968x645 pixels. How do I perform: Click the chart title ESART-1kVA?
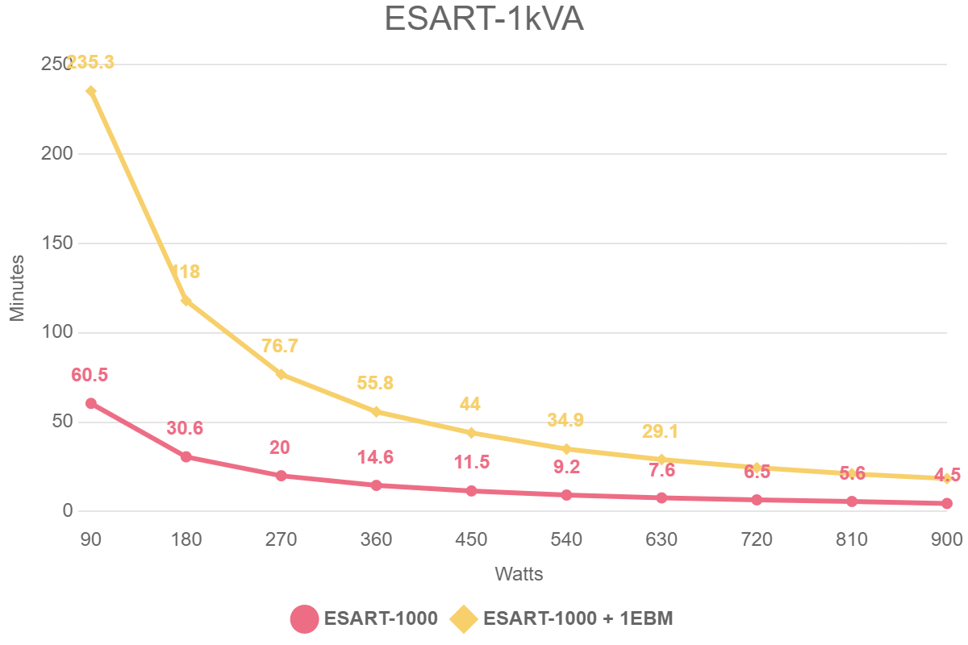coord(484,19)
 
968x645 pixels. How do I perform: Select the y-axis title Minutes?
coord(18,288)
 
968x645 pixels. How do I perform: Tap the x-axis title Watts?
coord(519,575)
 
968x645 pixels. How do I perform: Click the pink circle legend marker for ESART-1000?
coord(304,619)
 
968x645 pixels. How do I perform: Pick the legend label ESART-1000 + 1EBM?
coord(578,619)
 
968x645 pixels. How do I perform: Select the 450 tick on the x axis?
coord(471,539)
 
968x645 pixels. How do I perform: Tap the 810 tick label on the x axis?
coord(852,539)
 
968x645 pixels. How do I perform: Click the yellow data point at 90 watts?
coord(91,91)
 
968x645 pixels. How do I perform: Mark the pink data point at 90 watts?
coord(91,403)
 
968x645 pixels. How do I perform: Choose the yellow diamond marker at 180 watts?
coord(186,301)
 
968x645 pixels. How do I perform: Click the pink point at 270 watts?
coord(281,476)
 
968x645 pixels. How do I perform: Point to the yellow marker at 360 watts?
coord(376,412)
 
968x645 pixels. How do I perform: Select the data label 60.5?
coord(90,375)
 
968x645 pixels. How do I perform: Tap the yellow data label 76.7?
coord(280,346)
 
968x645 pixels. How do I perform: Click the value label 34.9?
coord(565,420)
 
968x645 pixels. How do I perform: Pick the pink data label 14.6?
coord(375,458)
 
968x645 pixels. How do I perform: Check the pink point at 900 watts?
coord(946,504)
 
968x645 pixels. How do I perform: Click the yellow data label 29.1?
coord(661,431)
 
